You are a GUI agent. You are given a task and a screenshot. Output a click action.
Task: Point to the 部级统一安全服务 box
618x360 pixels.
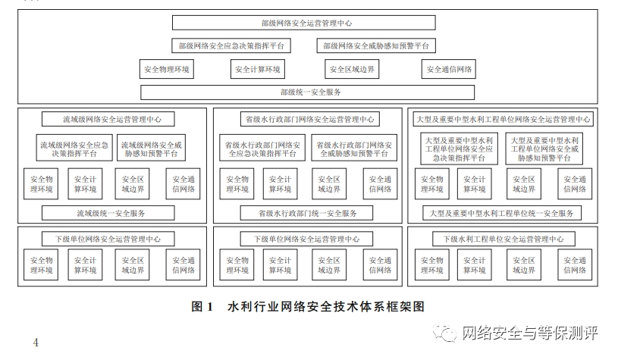click(x=308, y=92)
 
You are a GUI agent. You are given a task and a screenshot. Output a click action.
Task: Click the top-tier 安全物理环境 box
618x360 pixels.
click(x=167, y=70)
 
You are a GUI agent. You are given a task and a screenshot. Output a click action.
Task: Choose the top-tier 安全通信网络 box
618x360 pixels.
click(x=449, y=70)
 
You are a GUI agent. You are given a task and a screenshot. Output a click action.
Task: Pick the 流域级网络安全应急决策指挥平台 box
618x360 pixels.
click(x=74, y=148)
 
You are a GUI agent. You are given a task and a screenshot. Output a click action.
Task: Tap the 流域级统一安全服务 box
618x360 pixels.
click(x=111, y=213)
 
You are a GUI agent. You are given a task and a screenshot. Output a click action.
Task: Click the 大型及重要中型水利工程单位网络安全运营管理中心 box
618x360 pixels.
click(x=504, y=119)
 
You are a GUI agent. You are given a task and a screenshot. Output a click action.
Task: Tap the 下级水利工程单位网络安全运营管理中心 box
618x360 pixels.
click(x=503, y=239)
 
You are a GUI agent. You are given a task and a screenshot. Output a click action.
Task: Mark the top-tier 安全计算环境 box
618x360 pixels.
click(x=258, y=70)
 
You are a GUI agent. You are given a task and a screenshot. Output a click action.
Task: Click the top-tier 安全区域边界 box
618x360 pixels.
click(x=352, y=70)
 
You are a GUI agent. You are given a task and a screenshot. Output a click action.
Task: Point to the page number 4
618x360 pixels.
click(x=36, y=343)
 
